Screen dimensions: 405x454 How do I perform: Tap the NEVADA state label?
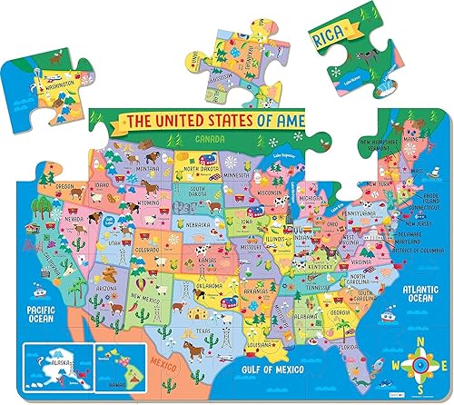(72, 220)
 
